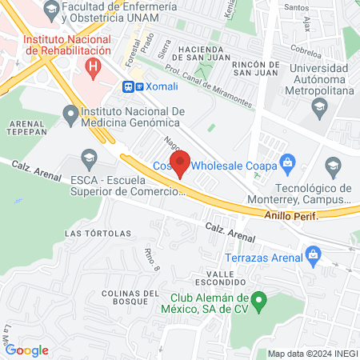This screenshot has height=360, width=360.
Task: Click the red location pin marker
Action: pyautogui.click(x=181, y=163)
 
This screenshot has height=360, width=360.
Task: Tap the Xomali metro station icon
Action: pyautogui.click(x=128, y=86)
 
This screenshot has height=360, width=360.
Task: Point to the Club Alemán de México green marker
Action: pyautogui.click(x=258, y=302)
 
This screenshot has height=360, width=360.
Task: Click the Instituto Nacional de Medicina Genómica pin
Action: pyautogui.click(x=72, y=116)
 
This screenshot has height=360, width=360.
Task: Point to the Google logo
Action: pyautogui.click(x=26, y=350)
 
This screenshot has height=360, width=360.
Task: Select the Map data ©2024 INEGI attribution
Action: pyautogui.click(x=311, y=354)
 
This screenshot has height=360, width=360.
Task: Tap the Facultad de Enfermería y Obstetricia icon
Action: pyautogui.click(x=52, y=12)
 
